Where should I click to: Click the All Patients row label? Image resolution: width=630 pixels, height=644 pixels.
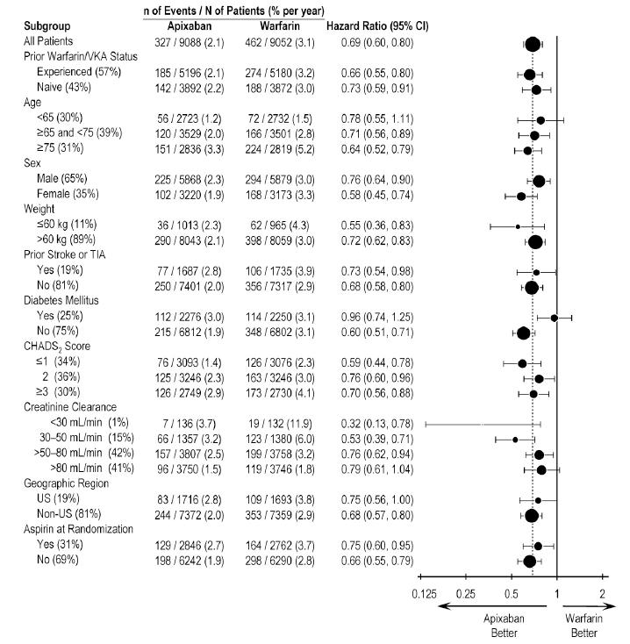click(x=47, y=42)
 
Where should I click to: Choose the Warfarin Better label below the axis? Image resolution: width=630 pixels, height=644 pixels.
click(x=583, y=625)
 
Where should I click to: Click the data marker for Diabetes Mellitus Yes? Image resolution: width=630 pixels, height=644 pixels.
click(x=554, y=318)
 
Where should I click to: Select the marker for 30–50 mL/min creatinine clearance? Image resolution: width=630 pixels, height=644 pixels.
click(x=515, y=439)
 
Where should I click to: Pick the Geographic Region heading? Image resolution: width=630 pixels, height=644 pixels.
click(x=67, y=483)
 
